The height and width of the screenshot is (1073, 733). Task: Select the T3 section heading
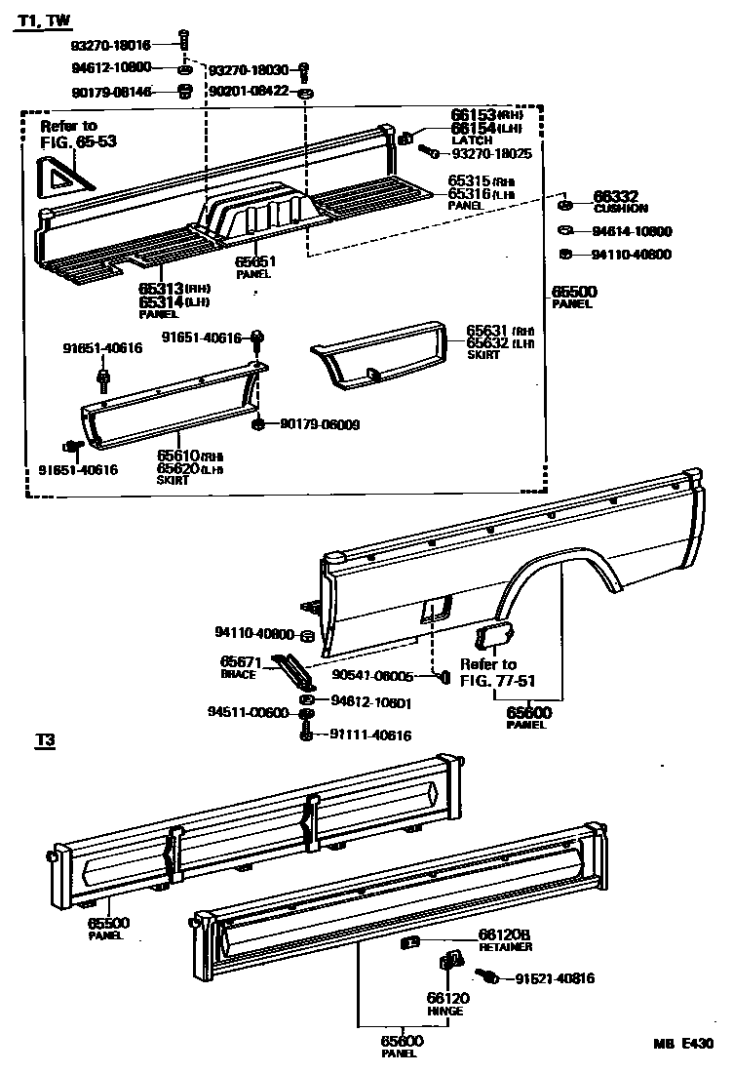coord(44,741)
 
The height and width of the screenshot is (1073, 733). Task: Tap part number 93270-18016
coord(110,45)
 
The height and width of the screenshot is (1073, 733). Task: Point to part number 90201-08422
coord(248,92)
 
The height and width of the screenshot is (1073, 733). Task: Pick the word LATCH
coord(472,140)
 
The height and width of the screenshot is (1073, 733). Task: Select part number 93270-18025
coord(491,154)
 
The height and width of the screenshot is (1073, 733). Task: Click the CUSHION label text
coord(621,209)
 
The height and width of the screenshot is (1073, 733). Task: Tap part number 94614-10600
coord(632,232)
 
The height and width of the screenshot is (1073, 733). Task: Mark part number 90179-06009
coord(320,424)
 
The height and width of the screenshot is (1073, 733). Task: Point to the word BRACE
coord(238,674)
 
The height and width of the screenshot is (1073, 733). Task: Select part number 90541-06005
coord(372,675)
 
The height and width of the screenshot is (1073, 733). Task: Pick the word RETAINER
coord(505,947)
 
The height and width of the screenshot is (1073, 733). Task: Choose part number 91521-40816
coord(555,978)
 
